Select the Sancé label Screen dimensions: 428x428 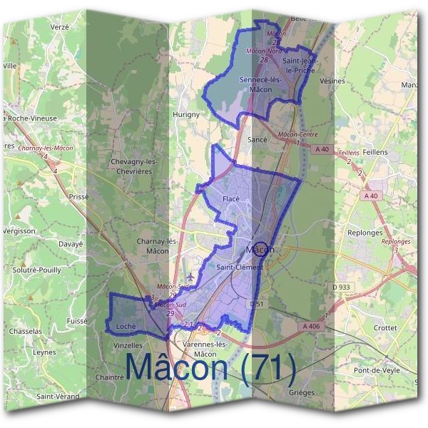tap(257, 140)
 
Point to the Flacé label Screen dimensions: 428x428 tap(230, 198)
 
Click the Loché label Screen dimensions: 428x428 tap(126, 327)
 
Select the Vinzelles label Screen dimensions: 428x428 tap(128, 345)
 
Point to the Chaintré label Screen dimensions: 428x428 tap(110, 377)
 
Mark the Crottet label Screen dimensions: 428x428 tap(385, 327)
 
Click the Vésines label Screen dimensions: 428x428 tap(332, 81)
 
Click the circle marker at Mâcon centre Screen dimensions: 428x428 tap(262, 249)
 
